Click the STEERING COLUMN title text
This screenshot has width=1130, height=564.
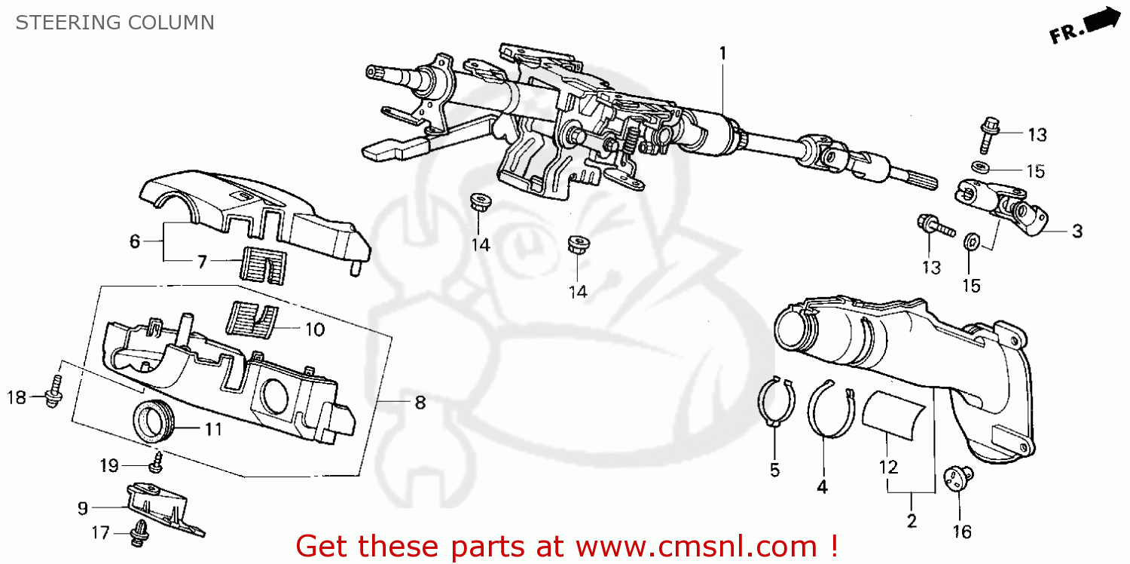coord(115,23)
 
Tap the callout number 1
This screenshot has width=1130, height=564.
coord(722,53)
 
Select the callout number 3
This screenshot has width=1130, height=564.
coord(1077,231)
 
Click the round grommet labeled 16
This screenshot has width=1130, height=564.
coord(958,478)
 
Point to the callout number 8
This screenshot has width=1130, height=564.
coord(420,403)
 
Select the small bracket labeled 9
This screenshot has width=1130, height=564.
coord(163,507)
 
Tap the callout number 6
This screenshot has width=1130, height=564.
coord(135,241)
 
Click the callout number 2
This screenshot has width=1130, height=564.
coord(911,520)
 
